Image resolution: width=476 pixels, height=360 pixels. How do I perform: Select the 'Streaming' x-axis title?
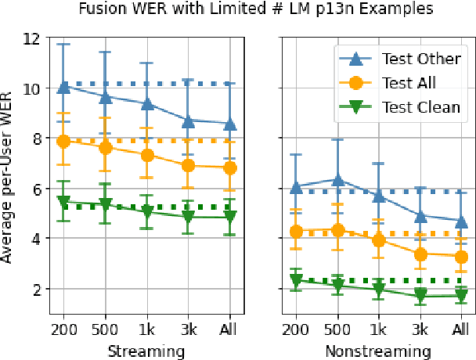coord(146,351)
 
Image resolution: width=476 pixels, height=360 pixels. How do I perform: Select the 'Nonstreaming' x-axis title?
coord(378,351)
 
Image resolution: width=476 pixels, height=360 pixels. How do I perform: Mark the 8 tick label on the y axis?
coord(34,139)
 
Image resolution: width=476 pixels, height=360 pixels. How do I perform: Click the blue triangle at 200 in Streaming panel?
coord(63,87)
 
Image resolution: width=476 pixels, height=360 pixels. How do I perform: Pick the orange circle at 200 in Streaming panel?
coord(63,141)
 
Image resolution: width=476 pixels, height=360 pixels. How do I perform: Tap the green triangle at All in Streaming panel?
coord(229,218)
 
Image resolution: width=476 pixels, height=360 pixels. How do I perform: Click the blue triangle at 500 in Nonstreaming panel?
coord(337,180)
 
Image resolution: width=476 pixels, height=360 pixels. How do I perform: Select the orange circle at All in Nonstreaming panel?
coord(462,257)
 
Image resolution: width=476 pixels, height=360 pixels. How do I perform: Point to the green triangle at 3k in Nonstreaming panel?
coord(420,296)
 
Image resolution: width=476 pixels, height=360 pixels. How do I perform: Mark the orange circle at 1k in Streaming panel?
coord(146,155)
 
